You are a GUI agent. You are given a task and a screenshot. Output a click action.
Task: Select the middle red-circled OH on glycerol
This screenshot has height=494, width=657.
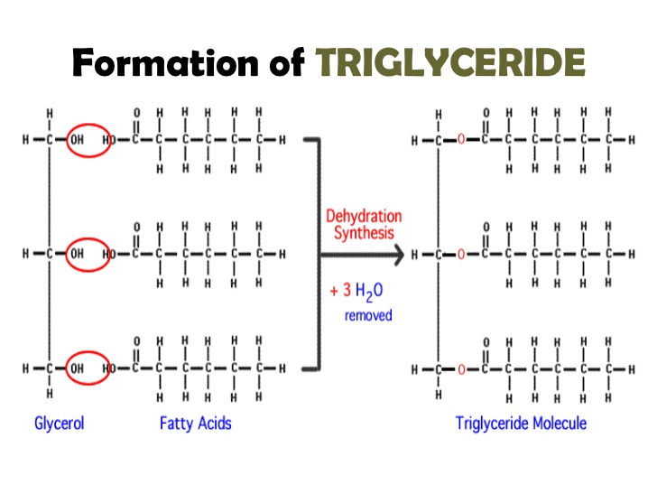point(88,255)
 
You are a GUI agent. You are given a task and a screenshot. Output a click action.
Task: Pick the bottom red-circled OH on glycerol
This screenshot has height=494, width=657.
point(88,368)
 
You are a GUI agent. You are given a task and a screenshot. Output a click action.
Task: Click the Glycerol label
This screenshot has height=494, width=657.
point(59,422)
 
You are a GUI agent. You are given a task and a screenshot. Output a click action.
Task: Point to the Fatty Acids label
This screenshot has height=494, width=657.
point(195,422)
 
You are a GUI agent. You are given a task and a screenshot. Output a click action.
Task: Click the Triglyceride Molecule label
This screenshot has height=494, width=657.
point(521,422)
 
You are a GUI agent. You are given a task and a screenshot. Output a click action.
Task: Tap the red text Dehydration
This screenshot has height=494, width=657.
point(364,217)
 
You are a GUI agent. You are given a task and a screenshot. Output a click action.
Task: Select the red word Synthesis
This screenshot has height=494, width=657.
point(364,233)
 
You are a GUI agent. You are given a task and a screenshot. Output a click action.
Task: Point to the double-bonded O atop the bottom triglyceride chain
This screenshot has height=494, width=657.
point(485,341)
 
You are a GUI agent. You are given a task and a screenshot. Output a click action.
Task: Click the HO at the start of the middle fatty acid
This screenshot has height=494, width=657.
point(109,255)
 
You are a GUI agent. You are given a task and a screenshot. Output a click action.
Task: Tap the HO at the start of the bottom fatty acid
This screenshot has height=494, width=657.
point(109,368)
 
